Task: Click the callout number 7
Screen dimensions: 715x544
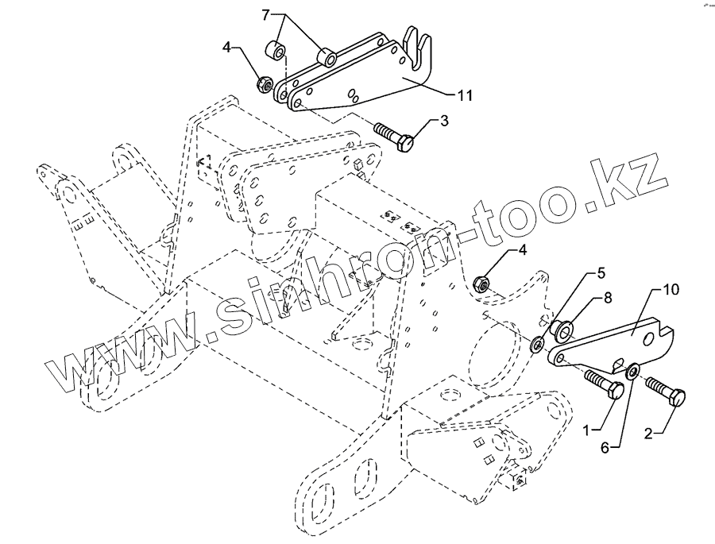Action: [267, 15]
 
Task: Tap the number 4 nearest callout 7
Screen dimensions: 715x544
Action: [226, 48]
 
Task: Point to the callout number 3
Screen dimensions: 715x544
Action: [444, 121]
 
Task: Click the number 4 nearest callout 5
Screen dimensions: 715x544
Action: [522, 251]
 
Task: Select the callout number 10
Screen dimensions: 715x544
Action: [671, 291]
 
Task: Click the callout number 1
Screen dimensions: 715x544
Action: [588, 430]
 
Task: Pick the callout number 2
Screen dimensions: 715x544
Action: [650, 434]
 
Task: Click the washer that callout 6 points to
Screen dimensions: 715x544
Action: [634, 370]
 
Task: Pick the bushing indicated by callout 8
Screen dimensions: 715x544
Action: [565, 328]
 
